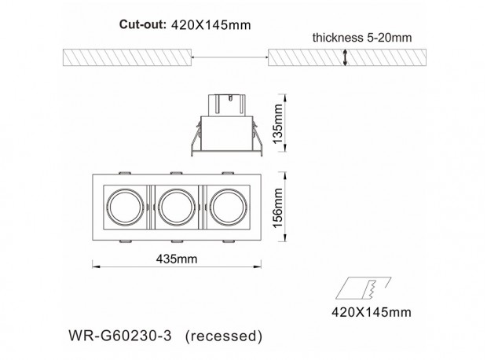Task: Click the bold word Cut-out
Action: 143,24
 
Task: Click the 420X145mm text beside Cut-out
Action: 211,25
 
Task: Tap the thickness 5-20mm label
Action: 362,38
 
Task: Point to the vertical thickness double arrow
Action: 345,57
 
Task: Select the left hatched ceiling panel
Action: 127,57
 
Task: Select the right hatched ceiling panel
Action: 347,57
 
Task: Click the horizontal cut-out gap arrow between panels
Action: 230,57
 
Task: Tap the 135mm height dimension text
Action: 277,123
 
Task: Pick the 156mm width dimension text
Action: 277,208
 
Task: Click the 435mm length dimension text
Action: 177,259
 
